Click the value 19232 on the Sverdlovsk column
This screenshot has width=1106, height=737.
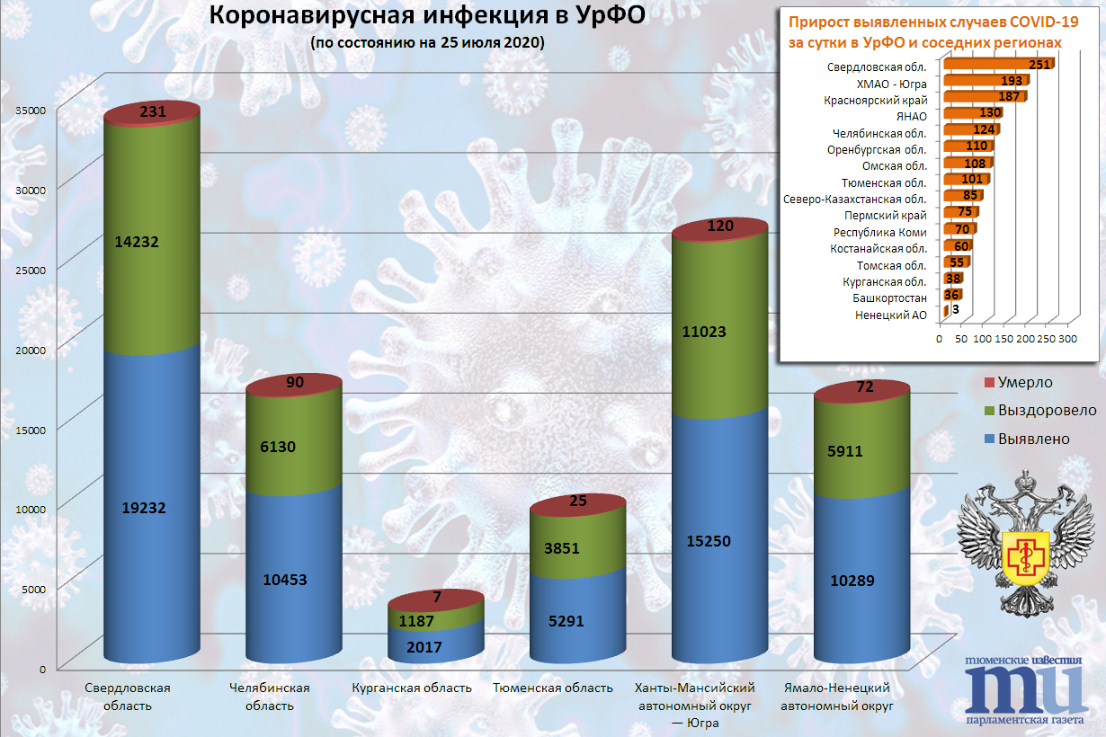click(x=151, y=507)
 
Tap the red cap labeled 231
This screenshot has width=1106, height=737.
click(x=151, y=111)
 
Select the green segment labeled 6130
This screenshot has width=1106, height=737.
click(x=295, y=446)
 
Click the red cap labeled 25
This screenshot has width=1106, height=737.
click(x=578, y=502)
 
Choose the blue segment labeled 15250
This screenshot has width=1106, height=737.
click(x=720, y=541)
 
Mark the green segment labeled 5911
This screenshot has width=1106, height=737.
click(x=862, y=451)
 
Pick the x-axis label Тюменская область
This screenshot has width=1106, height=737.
click(x=553, y=688)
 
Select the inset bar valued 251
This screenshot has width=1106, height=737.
click(x=998, y=65)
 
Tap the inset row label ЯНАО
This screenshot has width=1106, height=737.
click(x=909, y=115)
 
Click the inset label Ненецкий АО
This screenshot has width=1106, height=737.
click(x=890, y=315)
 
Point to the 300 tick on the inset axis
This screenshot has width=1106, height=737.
click(x=1067, y=340)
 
